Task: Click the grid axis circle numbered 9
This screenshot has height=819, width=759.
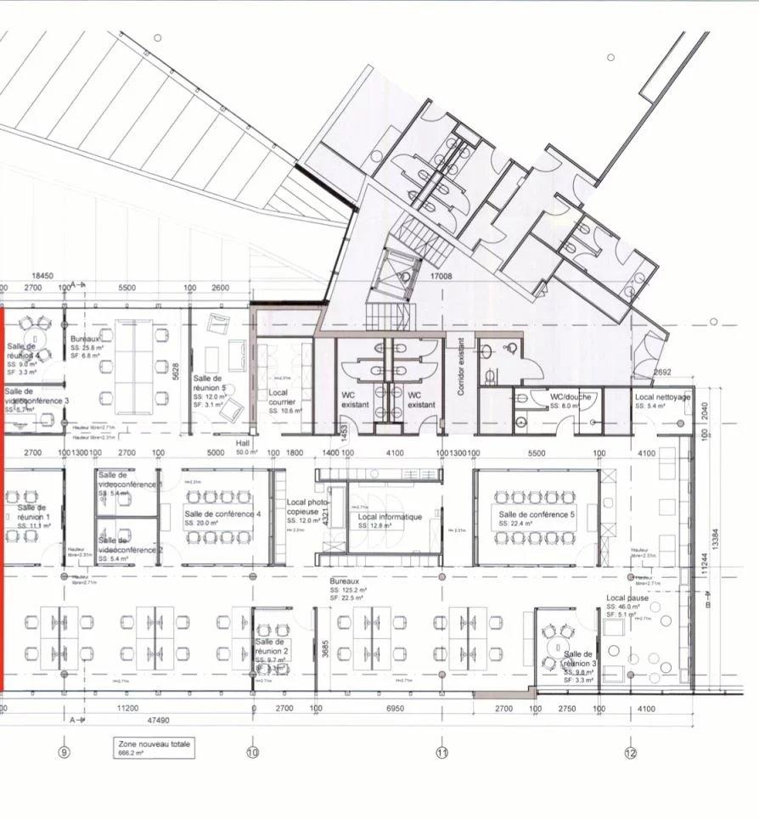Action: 63,751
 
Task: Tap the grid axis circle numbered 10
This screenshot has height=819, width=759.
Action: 252,752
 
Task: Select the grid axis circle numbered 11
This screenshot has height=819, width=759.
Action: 441,752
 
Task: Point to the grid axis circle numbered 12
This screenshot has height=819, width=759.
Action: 630,752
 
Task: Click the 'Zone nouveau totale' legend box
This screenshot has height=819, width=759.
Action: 155,747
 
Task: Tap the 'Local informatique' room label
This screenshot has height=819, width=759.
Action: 390,516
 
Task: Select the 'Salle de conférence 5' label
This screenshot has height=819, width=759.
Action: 537,514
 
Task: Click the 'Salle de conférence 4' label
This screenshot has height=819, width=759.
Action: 222,514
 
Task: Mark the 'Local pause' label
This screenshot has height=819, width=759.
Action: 627,598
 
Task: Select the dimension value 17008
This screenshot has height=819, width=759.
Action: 441,276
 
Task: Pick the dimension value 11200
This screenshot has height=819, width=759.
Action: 128,707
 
